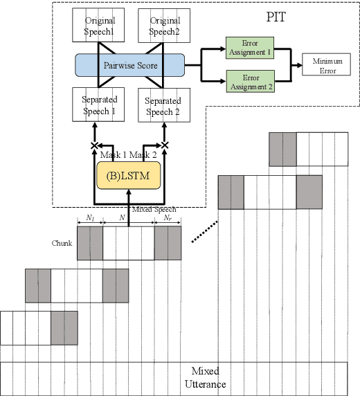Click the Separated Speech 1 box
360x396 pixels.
point(94,105)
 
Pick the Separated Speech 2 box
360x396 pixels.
point(163,105)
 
